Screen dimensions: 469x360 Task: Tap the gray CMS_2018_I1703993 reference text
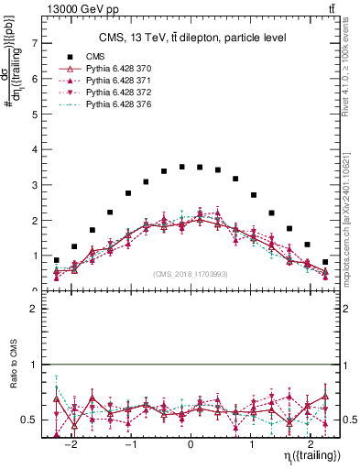point(191,274)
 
